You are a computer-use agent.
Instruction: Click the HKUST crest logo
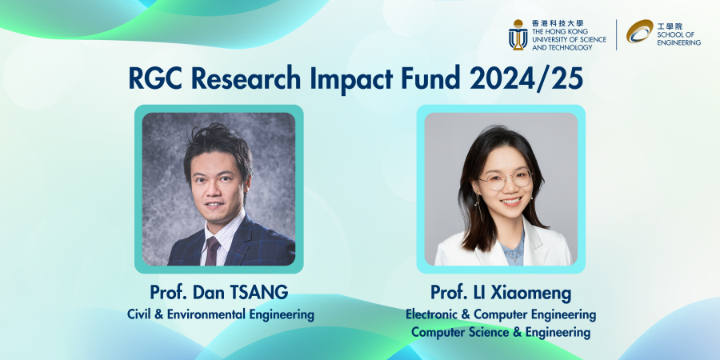tap(518, 34)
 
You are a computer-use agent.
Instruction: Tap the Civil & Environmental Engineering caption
tap(220, 314)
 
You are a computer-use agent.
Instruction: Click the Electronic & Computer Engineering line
tap(501, 314)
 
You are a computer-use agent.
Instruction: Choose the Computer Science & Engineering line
tap(501, 332)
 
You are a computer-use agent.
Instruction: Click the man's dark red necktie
tap(212, 250)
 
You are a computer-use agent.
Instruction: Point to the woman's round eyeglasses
tap(506, 179)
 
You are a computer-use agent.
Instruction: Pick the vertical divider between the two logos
tap(616, 34)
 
